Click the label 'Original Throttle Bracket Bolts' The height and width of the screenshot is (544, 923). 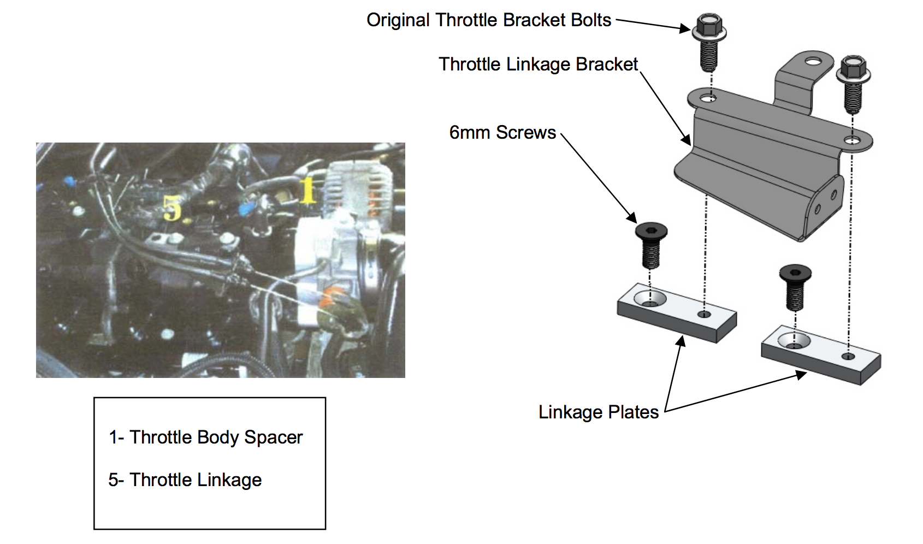[488, 20]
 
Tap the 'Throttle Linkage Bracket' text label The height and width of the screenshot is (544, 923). [538, 64]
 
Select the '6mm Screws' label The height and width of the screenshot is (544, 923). [502, 133]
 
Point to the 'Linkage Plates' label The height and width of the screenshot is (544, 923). [598, 412]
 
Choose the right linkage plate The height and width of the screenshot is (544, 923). [821, 356]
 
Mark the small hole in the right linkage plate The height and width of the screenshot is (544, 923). [848, 356]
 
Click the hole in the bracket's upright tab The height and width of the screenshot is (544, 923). [813, 61]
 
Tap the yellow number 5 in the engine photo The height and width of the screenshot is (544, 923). [172, 208]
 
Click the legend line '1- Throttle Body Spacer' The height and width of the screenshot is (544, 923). [205, 437]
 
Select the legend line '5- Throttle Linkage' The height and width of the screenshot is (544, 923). [185, 480]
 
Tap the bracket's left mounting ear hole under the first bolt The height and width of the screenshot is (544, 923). [708, 99]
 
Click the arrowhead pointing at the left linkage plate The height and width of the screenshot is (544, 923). [681, 341]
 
